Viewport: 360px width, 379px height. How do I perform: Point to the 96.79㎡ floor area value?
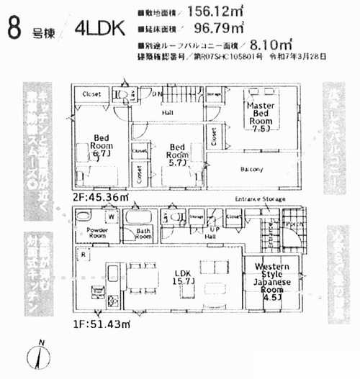click(x=218, y=28)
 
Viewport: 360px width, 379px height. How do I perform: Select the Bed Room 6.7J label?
click(x=99, y=146)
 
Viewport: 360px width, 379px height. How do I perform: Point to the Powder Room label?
click(x=97, y=233)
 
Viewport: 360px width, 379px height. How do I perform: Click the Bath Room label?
click(x=143, y=233)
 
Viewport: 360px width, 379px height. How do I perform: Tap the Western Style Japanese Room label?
click(x=272, y=281)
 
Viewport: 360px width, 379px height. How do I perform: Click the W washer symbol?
click(x=112, y=216)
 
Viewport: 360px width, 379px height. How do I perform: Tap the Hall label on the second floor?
click(x=166, y=112)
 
